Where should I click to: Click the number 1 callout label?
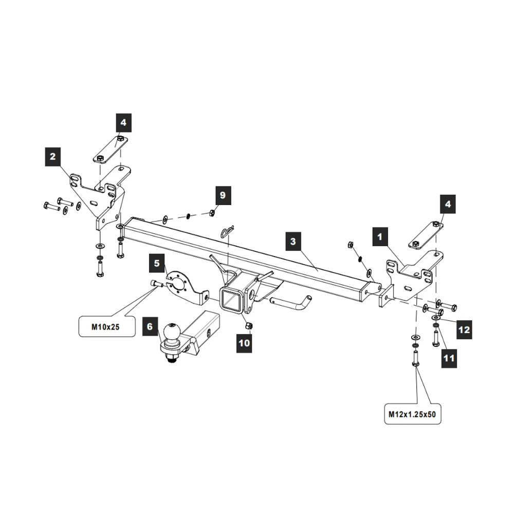pos(380,236)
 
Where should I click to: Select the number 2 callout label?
pos(53,157)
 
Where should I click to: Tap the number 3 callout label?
pos(293,241)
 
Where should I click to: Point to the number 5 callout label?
pos(157,263)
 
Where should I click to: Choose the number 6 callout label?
pos(150,326)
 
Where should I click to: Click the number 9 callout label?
pos(223,195)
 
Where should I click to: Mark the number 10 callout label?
pos(244,343)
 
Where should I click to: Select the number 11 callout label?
pos(449,358)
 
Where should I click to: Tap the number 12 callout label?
pos(464,329)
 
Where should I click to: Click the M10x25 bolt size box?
pos(107,326)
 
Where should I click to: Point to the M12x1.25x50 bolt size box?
pos(412,414)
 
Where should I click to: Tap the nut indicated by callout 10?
pos(249,325)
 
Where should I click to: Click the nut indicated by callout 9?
pos(212,213)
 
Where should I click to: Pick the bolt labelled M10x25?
pos(156,284)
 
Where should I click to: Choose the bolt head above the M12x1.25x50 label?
pos(415,364)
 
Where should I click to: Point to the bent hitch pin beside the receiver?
pos(291,303)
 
